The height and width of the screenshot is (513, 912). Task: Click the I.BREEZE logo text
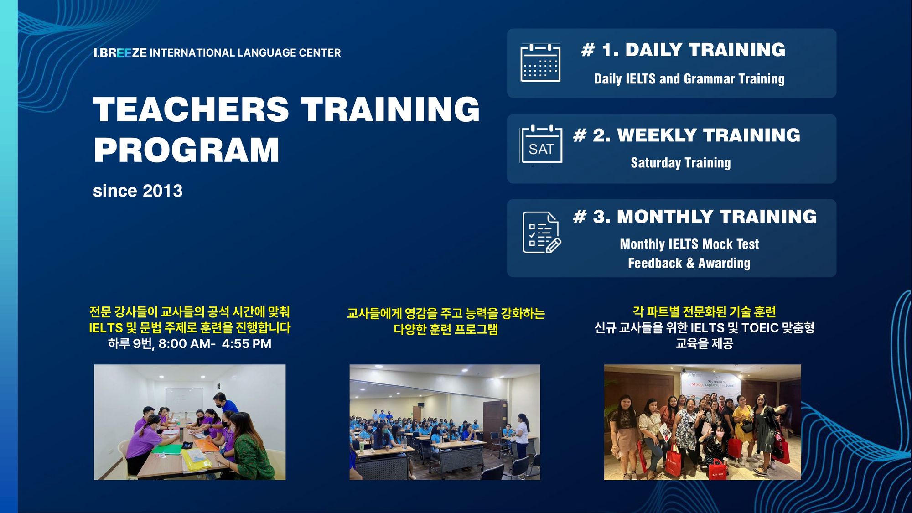[x=120, y=53]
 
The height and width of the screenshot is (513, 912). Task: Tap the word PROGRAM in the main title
[x=187, y=150]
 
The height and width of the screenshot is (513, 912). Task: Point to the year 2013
[x=162, y=191]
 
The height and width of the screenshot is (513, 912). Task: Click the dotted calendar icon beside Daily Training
[x=540, y=63]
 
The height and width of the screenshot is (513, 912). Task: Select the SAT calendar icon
[x=541, y=145]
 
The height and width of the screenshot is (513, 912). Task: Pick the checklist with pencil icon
[x=542, y=233]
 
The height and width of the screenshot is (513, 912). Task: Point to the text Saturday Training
[x=681, y=163]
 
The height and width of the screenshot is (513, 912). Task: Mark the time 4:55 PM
[x=247, y=343]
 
